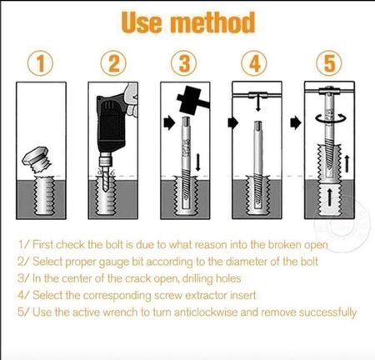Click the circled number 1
tap(40, 63)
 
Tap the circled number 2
tap(113, 63)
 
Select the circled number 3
tap(183, 63)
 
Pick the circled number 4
tap(254, 63)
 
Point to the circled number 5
tap(329, 63)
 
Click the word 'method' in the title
tap(212, 22)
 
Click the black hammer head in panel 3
tap(192, 101)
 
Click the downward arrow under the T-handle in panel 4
tap(258, 104)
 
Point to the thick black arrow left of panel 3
tap(169, 122)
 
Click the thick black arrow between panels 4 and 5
tap(296, 122)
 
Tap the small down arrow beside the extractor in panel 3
tap(198, 162)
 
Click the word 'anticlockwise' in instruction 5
tap(206, 312)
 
